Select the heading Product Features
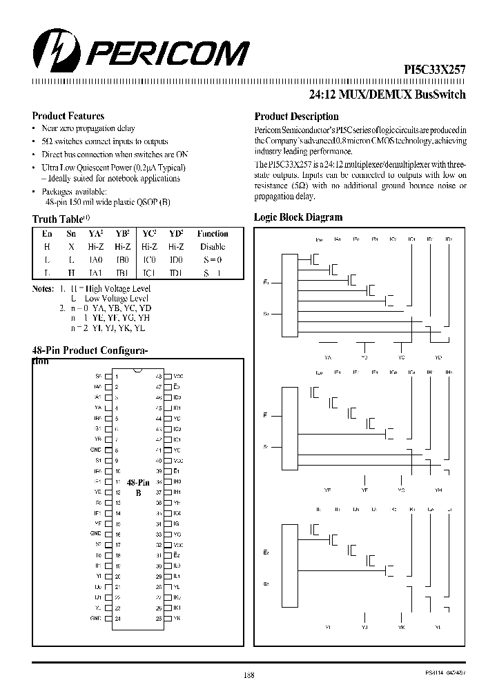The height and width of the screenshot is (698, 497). (x=68, y=116)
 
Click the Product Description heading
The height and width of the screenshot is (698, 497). (x=296, y=117)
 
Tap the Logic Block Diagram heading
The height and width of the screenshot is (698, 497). (x=298, y=217)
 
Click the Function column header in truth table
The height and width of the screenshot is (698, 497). (x=212, y=234)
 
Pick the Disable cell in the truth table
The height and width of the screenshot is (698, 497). (x=212, y=246)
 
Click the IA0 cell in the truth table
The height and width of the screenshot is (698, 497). (x=97, y=259)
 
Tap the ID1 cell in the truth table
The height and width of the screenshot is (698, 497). (x=176, y=272)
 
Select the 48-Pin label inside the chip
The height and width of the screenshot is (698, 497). (x=138, y=483)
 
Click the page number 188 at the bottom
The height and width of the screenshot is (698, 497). (x=248, y=675)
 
